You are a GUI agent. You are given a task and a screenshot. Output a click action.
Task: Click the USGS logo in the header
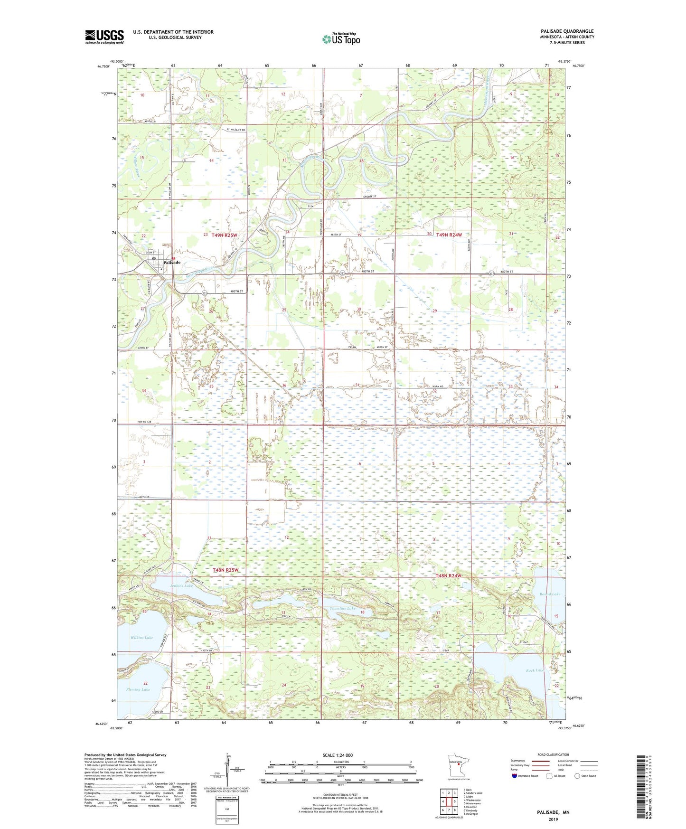click(x=104, y=37)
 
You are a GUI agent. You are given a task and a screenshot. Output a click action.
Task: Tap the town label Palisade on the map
click(x=171, y=263)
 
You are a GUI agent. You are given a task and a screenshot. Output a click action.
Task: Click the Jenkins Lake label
click(x=181, y=586)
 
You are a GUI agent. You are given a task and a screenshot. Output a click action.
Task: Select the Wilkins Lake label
click(x=141, y=638)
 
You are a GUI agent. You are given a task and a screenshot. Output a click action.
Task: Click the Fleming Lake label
click(x=138, y=689)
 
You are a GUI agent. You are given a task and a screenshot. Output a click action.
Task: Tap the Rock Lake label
click(x=534, y=670)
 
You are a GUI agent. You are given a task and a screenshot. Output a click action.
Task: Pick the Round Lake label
click(x=549, y=594)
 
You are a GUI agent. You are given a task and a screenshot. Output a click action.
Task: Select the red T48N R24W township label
click(x=448, y=576)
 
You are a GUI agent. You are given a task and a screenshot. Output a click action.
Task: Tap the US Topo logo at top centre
click(x=340, y=39)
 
